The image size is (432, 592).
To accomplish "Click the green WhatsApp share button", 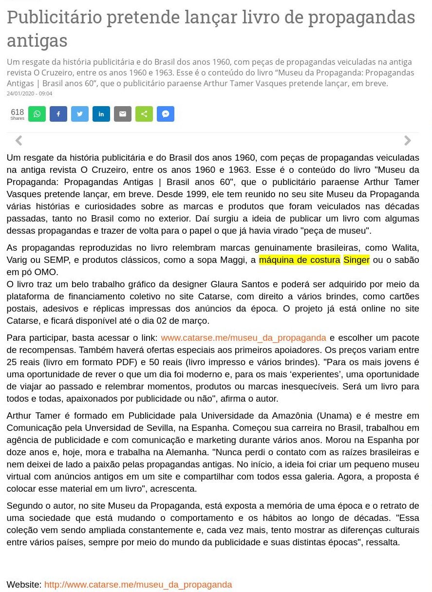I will [x=37, y=114].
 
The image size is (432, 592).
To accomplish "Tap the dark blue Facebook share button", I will [x=58, y=114].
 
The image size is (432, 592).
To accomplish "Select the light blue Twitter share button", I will [x=80, y=114].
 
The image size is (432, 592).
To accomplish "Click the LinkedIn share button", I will [x=101, y=114].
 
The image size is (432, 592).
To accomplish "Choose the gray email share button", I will [x=123, y=114].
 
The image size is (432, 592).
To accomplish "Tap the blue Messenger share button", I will [x=166, y=114].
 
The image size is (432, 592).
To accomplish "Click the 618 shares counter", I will [x=17, y=114].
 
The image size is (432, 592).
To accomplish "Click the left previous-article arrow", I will [x=19, y=141].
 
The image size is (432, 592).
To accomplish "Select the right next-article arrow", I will [x=408, y=141].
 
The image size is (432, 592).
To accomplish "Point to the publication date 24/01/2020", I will [x=29, y=93].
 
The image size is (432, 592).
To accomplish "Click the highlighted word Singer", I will [x=357, y=260].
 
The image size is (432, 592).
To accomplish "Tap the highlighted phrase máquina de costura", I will [x=300, y=260].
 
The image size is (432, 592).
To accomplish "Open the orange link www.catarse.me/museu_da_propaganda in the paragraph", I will [x=244, y=338].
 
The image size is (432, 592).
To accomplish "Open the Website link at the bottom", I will [x=138, y=584].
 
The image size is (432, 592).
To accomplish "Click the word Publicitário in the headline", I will [x=54, y=18].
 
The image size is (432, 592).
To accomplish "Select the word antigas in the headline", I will [x=37, y=40].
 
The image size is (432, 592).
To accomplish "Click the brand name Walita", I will [x=405, y=248].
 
